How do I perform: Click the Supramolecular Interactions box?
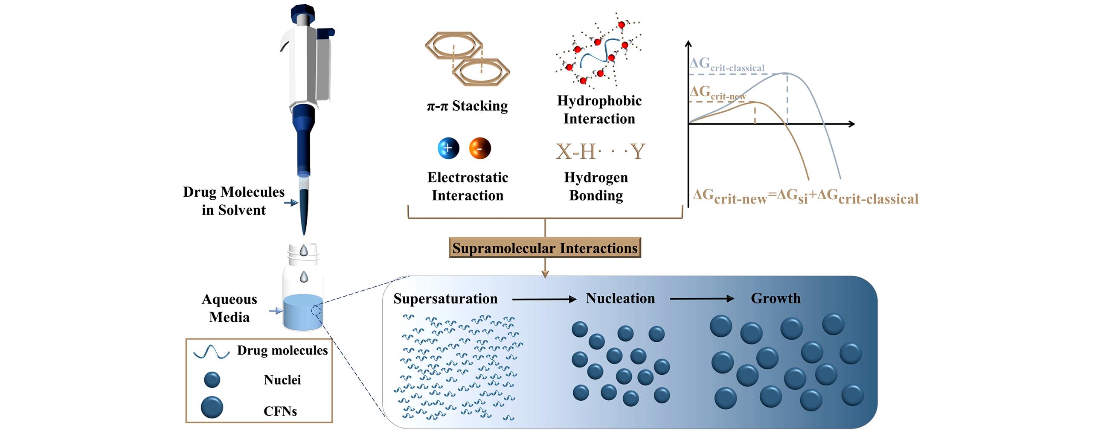point(545,248)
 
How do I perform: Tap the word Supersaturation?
point(445,299)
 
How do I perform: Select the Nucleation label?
point(620,298)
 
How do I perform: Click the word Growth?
point(776,298)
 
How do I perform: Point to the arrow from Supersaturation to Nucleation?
point(544,300)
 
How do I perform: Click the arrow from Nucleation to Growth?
point(702,299)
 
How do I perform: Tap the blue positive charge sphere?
point(448,149)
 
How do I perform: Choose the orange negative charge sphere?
point(480,149)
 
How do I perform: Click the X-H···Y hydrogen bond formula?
point(600,151)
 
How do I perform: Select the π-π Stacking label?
point(467,106)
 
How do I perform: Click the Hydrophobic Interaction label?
point(599,110)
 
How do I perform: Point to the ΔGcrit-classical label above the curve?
point(727,65)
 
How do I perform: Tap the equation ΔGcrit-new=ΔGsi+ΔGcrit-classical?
point(805,197)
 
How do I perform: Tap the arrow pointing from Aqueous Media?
point(276,311)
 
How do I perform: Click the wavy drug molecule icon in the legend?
point(212,352)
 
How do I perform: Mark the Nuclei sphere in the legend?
point(212,379)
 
